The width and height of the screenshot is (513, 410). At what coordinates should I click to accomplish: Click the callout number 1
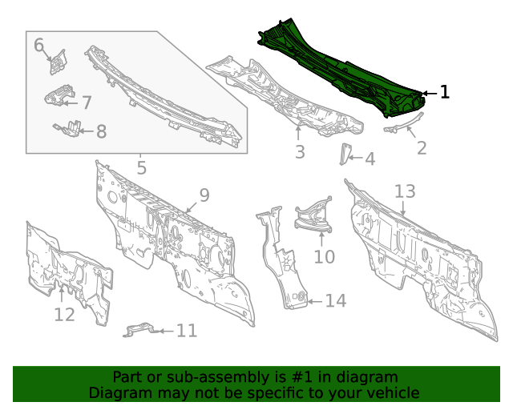tap(444, 93)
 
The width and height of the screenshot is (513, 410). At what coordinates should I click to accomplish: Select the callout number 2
tap(421, 147)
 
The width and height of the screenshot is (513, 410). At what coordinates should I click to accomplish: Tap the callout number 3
tap(299, 151)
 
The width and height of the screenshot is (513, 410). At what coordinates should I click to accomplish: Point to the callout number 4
tap(369, 159)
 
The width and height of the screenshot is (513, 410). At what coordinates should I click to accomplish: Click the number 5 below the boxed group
tap(141, 168)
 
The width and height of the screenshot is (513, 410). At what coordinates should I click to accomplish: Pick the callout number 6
tap(38, 45)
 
